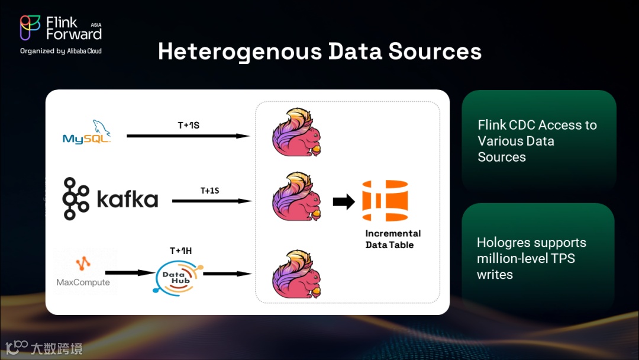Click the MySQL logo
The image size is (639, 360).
(87, 133)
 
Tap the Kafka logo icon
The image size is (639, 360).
(76, 198)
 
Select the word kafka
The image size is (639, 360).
(127, 200)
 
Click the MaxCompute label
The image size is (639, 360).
(83, 282)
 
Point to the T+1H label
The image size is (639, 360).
(180, 250)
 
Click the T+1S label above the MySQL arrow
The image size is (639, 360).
(188, 126)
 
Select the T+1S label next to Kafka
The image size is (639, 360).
(209, 190)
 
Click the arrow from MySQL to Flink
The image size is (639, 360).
(188, 136)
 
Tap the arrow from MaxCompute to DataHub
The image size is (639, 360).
(130, 273)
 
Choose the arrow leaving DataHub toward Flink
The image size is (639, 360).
(228, 274)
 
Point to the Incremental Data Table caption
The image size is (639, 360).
(393, 239)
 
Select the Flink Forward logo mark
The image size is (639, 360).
(30, 28)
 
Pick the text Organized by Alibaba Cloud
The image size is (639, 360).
(61, 51)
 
